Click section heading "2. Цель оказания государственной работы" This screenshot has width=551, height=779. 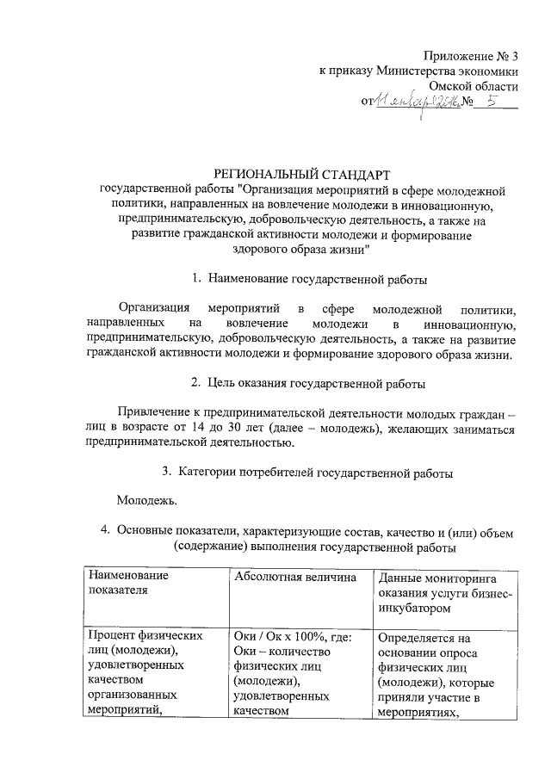pos(307,382)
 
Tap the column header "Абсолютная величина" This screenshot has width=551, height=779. pos(294,576)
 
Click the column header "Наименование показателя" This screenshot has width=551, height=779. pos(127,583)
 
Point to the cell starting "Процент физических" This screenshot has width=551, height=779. pos(145,636)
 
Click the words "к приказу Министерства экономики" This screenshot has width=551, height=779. pos(418,71)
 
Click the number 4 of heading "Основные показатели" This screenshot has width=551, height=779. pos(103,530)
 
